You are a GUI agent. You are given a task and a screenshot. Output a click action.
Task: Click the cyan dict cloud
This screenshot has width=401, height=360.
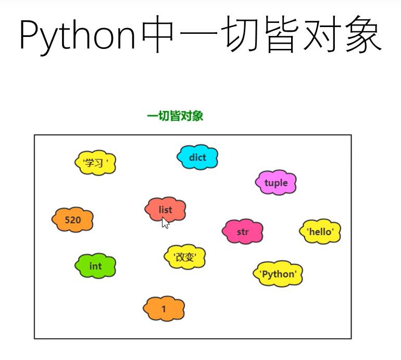197,157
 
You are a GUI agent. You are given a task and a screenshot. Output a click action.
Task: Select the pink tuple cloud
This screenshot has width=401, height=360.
276,183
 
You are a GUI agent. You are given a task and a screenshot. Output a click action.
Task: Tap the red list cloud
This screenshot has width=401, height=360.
165,210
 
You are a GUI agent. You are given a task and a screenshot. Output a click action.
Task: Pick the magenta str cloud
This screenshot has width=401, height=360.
243,232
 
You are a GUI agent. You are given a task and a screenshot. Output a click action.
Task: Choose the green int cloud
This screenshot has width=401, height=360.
95,266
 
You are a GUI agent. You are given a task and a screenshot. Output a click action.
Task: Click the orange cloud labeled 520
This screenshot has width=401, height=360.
73,220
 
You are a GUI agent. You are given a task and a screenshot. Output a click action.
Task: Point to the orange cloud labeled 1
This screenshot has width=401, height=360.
164,309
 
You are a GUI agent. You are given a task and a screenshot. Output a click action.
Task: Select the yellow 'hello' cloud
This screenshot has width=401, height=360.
320,232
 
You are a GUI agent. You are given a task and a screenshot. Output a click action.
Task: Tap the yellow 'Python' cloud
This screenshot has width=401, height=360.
278,274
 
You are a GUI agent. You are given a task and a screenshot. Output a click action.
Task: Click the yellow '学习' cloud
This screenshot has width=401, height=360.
95,163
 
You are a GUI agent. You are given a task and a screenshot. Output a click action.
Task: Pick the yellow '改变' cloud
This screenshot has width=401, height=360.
185,257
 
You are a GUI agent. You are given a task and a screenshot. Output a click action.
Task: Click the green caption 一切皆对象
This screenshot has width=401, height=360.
175,116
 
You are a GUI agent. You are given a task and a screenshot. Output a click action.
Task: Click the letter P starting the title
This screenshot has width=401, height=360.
29,35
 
